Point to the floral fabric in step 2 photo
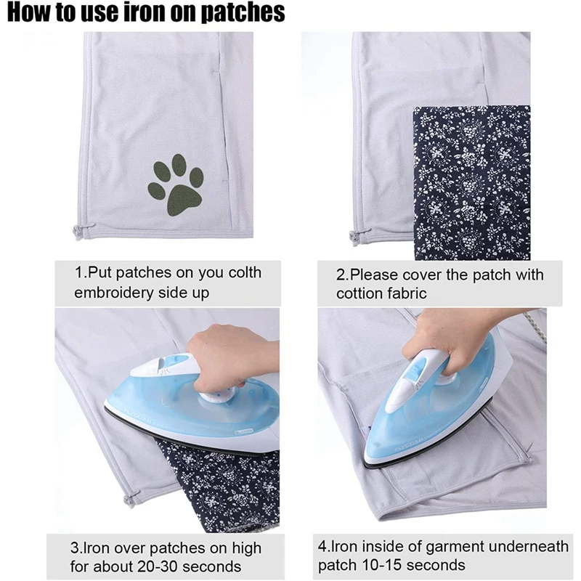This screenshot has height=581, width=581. pos(472,182)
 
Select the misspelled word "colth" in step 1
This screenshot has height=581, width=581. pos(243,273)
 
